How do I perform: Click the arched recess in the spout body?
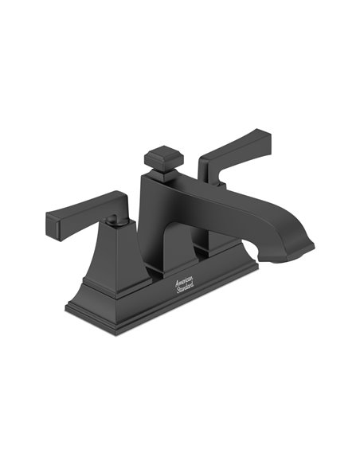(x=177, y=243)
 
